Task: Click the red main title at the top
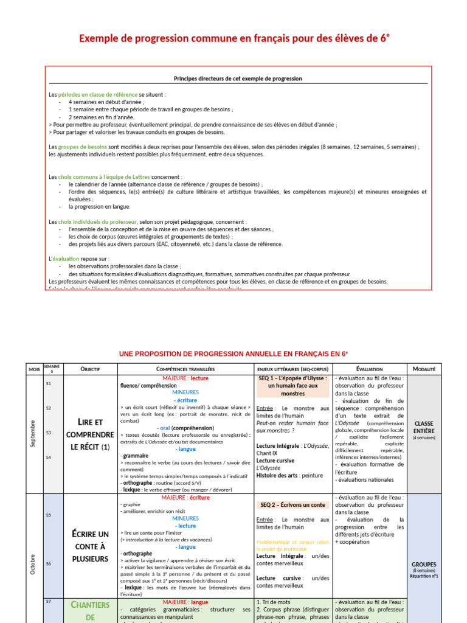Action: click(233, 40)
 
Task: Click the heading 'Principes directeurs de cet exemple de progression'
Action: click(238, 78)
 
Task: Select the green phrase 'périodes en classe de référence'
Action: click(98, 95)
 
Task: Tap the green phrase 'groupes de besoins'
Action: click(83, 147)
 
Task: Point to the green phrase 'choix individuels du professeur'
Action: click(97, 222)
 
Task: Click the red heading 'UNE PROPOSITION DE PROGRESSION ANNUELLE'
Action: click(233, 353)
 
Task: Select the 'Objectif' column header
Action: click(89, 369)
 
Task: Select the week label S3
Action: click(49, 433)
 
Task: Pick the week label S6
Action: click(49, 563)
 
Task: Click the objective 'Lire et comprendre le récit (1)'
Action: click(89, 434)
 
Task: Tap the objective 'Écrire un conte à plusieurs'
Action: click(89, 546)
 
